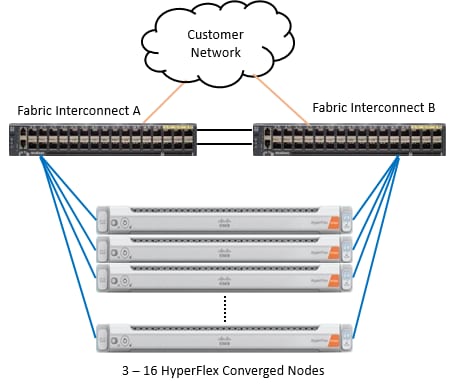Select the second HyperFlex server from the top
[x=225, y=247]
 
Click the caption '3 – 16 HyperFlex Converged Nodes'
[x=226, y=371]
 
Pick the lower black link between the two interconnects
[x=226, y=145]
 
